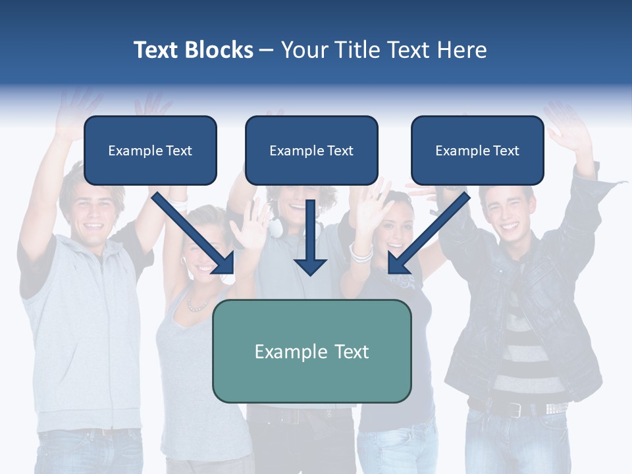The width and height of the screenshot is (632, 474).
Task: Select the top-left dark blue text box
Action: click(150, 150)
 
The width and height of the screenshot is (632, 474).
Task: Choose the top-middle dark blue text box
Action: click(311, 150)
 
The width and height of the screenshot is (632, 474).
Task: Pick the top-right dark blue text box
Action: click(477, 150)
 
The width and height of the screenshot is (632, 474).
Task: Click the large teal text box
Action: click(311, 351)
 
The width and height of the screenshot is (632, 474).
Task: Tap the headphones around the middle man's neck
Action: click(277, 227)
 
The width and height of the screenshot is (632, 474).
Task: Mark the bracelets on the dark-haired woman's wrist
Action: click(360, 252)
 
